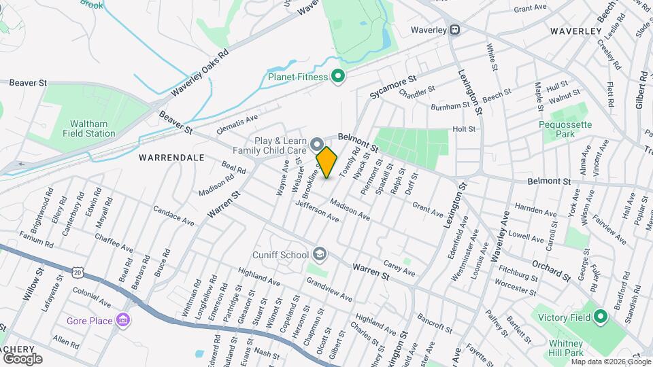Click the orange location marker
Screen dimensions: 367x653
pos(327,162)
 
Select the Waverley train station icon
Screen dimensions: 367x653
pos(454,30)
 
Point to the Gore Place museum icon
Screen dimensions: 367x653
pos(123,320)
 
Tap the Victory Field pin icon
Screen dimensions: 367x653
pos(600,317)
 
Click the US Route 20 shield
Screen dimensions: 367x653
pos(77,273)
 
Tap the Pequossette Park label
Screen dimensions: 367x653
pos(565,129)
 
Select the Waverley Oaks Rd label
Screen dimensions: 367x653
pos(199,72)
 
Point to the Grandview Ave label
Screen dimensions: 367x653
pos(329,289)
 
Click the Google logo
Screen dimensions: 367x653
pos(22,358)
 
